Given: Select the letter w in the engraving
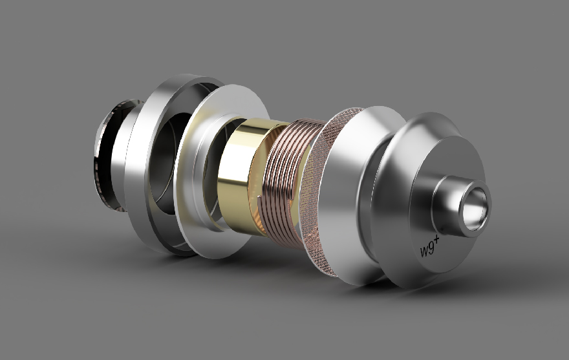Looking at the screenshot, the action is pyautogui.click(x=423, y=251).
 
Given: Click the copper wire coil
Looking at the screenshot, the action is pyautogui.click(x=286, y=182).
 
